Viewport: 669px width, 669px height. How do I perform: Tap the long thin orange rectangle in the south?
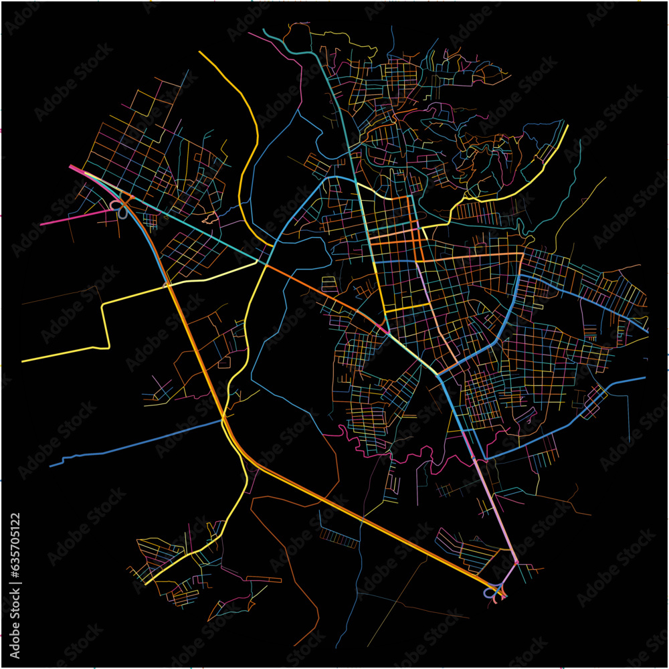[264, 579]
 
